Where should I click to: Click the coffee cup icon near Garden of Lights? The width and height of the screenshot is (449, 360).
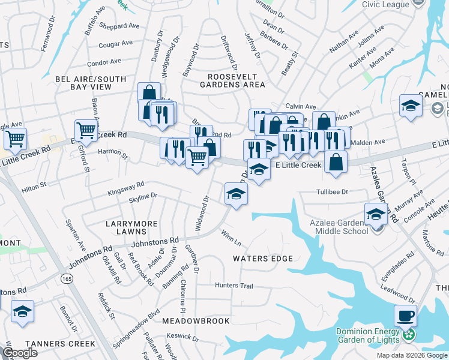pos(405,315)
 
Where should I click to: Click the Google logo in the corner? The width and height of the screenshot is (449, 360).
pos(21,353)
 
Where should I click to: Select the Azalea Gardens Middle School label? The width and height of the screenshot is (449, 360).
pos(339,226)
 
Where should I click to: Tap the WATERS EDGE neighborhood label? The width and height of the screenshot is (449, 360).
pos(263,259)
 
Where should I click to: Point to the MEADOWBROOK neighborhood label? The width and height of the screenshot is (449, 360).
pos(196,321)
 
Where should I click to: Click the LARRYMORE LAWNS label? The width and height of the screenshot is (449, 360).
pos(131,227)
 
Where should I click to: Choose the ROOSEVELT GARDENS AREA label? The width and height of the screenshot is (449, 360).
pos(236,80)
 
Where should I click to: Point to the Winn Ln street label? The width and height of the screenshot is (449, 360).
pos(231,238)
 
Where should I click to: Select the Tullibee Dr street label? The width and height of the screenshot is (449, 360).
pos(333,192)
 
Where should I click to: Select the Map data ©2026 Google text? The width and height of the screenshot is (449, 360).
pos(411,355)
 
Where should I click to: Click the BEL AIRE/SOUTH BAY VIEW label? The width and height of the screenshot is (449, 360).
pos(82,83)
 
